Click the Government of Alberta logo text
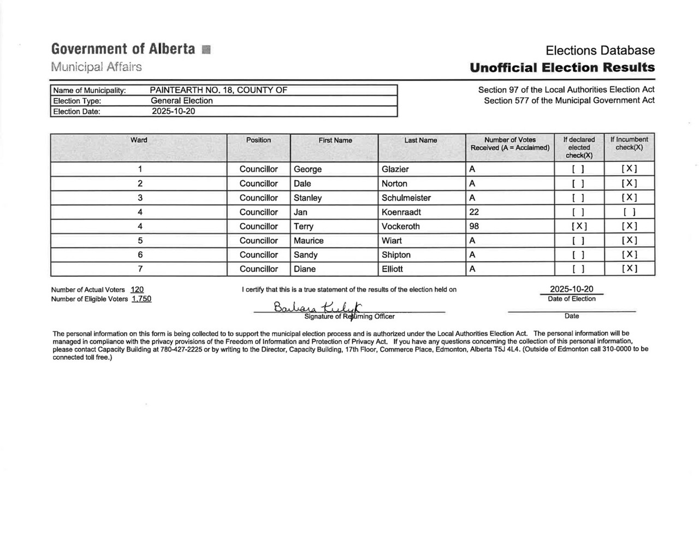tap(123, 49)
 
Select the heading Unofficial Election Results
tap(562, 68)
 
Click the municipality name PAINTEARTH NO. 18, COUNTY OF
tap(218, 90)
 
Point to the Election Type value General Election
tap(182, 100)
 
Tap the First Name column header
tap(335, 140)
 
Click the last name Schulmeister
tap(406, 198)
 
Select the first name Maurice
tap(309, 240)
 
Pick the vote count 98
tap(474, 226)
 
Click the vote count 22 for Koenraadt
tap(474, 212)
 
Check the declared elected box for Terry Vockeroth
tap(579, 226)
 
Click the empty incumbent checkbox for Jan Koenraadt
tap(629, 212)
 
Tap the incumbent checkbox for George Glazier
tap(629, 169)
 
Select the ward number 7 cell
tap(140, 269)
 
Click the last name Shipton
tap(396, 254)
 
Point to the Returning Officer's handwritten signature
tap(319, 308)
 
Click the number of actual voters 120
tap(137, 289)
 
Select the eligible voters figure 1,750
tap(141, 299)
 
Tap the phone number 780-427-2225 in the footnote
tap(181, 349)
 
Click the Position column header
tap(258, 140)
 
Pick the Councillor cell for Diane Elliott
tap(258, 269)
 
